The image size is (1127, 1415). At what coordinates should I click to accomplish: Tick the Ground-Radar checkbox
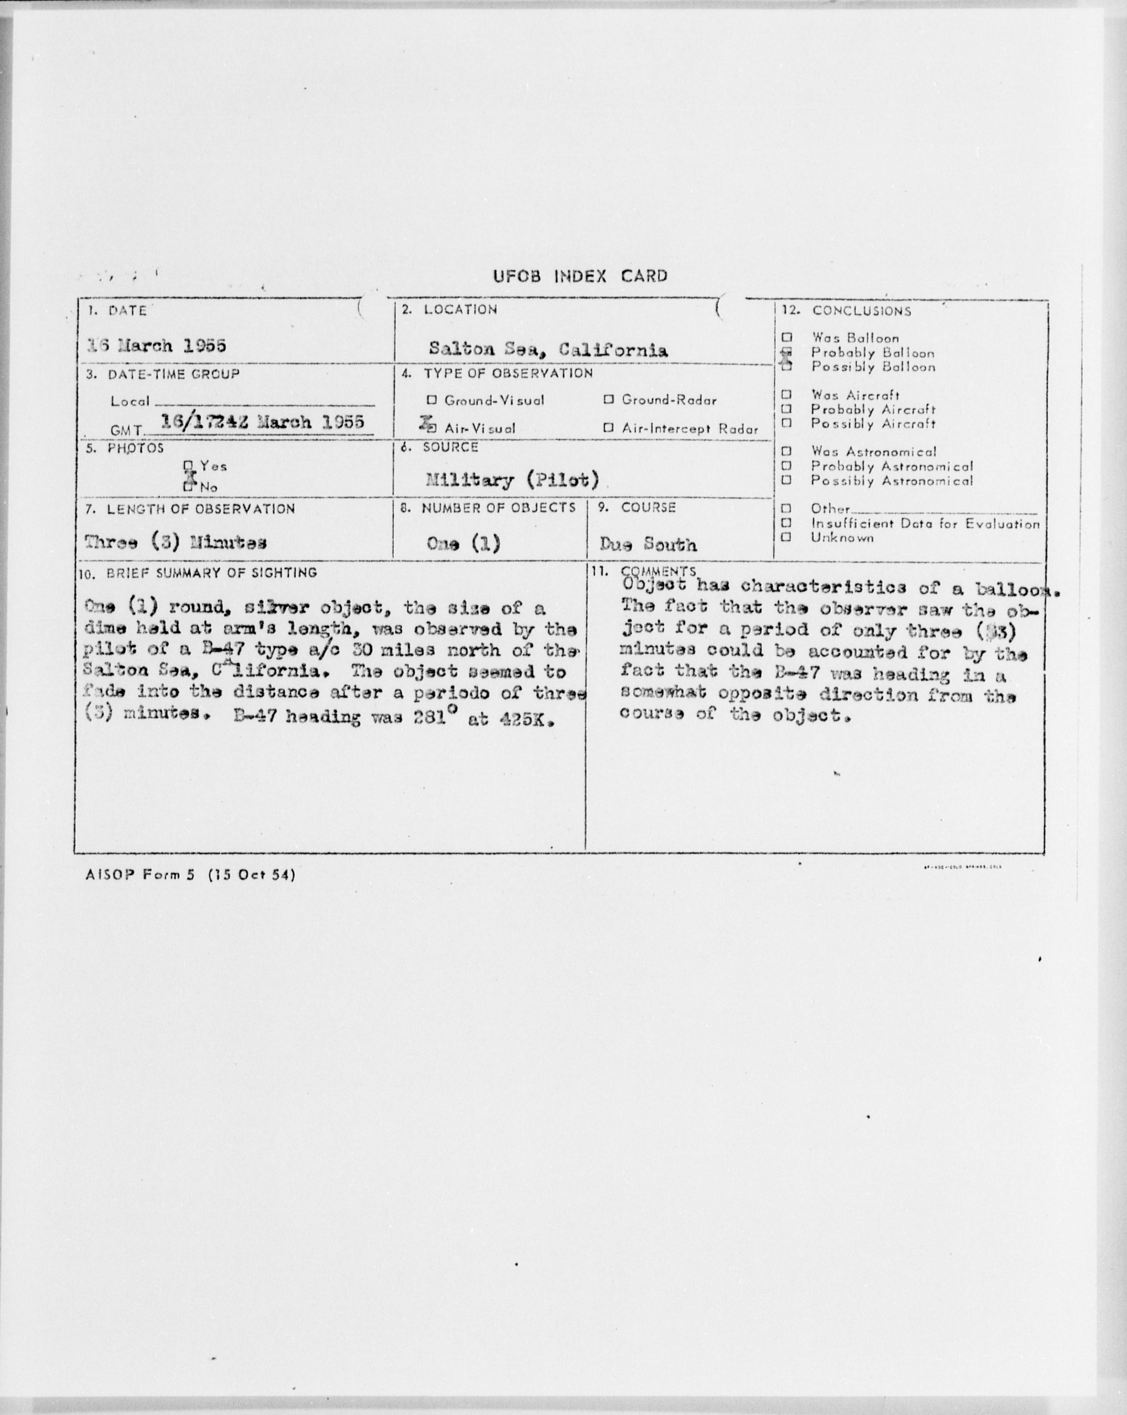tap(608, 399)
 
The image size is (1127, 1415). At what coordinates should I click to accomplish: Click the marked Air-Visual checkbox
tap(430, 427)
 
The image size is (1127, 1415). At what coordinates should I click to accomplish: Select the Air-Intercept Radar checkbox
tap(608, 428)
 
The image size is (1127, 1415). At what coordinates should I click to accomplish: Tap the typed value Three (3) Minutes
tap(175, 543)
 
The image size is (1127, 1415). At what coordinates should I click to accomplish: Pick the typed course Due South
tap(647, 544)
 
